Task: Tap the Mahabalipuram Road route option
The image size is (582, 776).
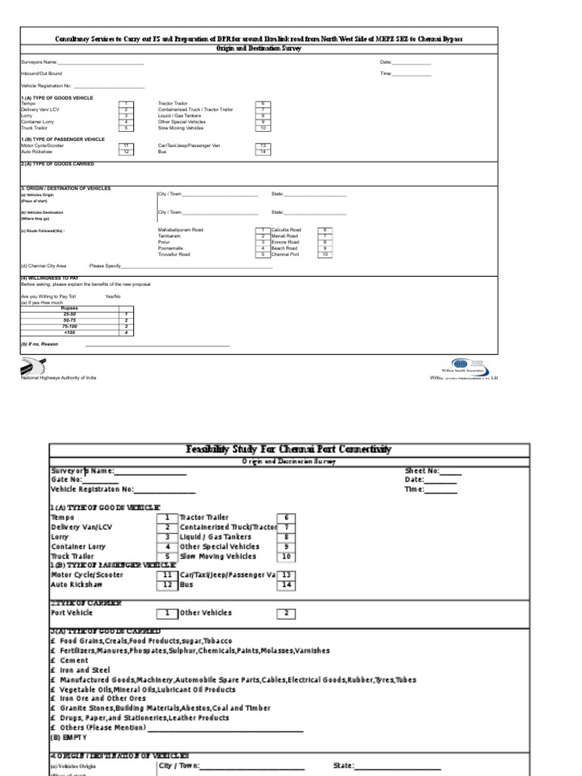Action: (x=180, y=229)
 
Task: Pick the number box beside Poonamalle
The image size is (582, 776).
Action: (x=262, y=248)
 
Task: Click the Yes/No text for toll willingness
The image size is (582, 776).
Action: (x=113, y=296)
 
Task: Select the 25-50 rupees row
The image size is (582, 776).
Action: (x=70, y=314)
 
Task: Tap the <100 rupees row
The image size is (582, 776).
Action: (x=70, y=332)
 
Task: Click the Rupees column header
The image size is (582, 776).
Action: (x=70, y=308)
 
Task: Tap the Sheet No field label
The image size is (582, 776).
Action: (x=422, y=471)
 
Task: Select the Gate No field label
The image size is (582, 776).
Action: (x=66, y=480)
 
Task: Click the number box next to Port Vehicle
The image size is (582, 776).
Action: (x=167, y=612)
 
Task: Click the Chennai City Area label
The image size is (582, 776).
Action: (x=44, y=266)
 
